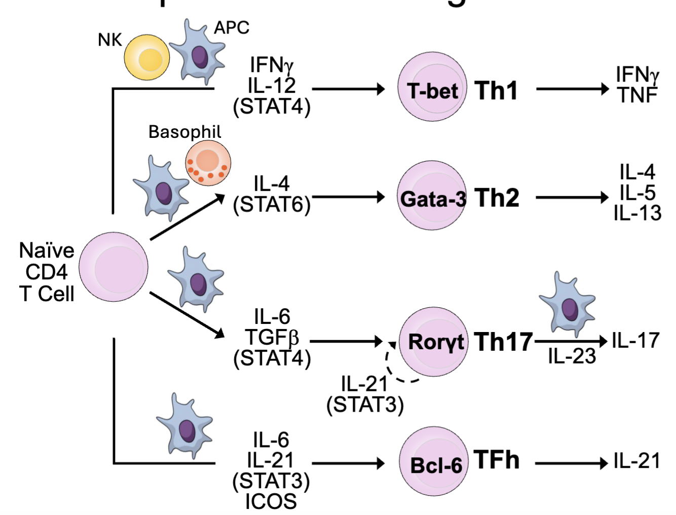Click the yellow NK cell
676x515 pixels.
147,57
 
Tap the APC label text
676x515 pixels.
232,28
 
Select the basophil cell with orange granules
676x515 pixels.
208,163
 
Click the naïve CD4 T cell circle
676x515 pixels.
114,267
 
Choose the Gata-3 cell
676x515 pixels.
432,197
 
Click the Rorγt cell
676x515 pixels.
433,342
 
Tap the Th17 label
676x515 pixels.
503,342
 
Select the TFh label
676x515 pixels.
497,460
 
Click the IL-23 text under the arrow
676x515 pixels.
572,356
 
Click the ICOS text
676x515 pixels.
271,501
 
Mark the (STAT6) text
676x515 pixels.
272,205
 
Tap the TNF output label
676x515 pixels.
637,95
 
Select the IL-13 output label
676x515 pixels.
637,213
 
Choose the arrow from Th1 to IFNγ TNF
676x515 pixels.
572,89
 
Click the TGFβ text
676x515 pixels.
272,337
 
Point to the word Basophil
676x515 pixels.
184,132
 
